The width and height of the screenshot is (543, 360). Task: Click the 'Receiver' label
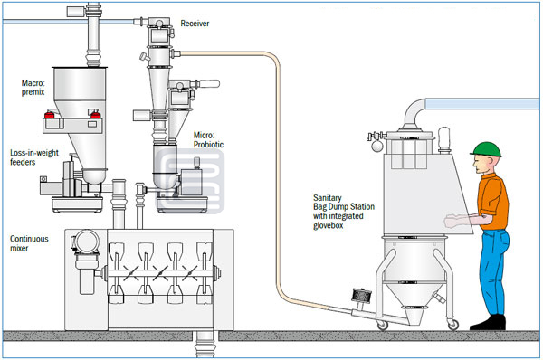click(195, 24)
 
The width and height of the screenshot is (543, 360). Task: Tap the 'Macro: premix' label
click(33, 88)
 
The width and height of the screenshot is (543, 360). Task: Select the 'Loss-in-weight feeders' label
click(34, 157)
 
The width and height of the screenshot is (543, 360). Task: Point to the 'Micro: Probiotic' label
click(208, 140)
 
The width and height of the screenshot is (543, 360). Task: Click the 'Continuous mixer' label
click(29, 243)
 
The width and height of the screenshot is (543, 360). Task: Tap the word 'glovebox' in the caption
click(329, 226)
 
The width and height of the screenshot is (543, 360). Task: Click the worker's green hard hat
click(486, 149)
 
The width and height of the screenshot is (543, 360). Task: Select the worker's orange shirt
click(493, 202)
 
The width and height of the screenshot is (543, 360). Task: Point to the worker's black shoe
click(489, 323)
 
